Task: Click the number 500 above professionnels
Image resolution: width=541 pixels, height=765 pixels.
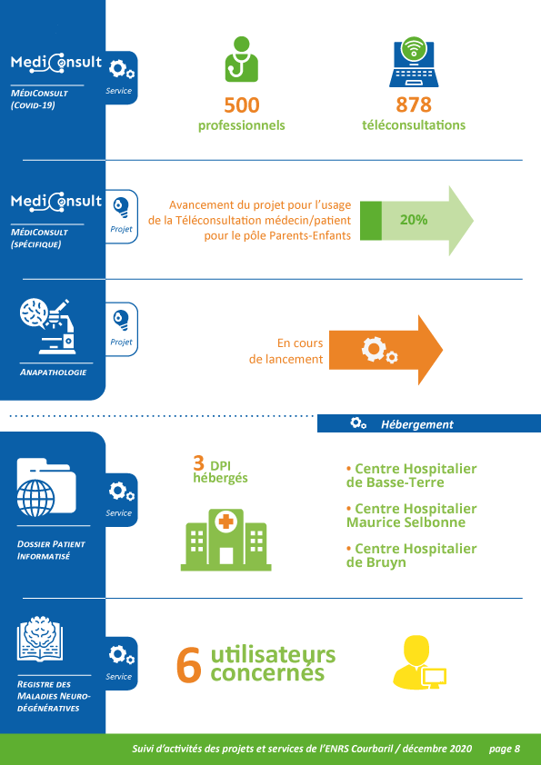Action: tap(242, 104)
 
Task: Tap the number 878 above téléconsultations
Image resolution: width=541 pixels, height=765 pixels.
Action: tap(414, 104)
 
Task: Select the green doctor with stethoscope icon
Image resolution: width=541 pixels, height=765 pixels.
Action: tap(241, 59)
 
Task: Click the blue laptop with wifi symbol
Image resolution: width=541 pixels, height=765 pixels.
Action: tap(414, 62)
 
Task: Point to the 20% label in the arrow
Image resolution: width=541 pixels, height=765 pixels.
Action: tap(414, 220)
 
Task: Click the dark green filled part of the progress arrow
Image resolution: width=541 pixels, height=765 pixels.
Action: tap(371, 221)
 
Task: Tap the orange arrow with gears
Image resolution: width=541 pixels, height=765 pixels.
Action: tap(386, 350)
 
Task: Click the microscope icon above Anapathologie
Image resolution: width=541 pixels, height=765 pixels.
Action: tap(48, 326)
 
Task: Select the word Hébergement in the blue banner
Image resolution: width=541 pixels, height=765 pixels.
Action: tap(417, 424)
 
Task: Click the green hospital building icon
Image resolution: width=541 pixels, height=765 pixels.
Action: tap(226, 540)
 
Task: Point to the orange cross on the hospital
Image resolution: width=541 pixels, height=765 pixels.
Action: tap(225, 522)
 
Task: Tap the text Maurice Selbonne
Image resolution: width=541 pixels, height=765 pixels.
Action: tap(406, 522)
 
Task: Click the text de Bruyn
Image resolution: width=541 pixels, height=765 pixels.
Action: tap(376, 562)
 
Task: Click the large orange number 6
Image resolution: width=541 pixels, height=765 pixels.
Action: tap(189, 664)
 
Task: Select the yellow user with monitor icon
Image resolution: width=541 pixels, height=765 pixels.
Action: tap(419, 662)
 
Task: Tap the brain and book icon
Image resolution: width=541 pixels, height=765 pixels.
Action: tap(40, 639)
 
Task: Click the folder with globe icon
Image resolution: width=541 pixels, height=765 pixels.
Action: tap(46, 487)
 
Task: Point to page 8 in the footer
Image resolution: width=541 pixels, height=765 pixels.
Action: tap(505, 749)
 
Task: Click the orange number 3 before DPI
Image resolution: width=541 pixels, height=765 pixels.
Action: tap(198, 462)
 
